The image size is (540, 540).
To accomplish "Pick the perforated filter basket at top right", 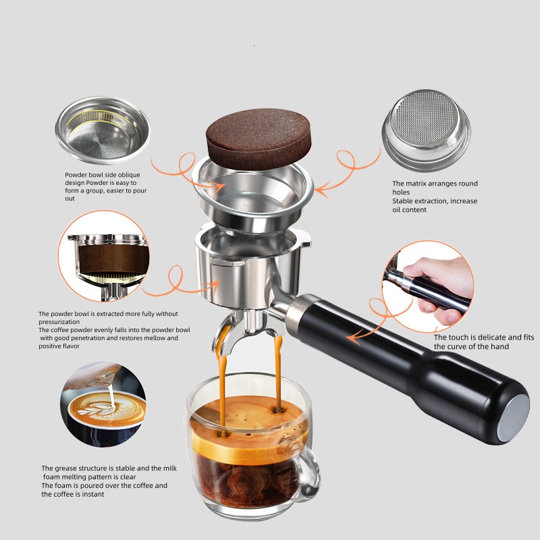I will click(x=425, y=128).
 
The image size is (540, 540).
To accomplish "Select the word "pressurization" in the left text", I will click(x=60, y=322).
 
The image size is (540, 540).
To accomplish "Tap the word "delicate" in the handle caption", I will click(x=487, y=337).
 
